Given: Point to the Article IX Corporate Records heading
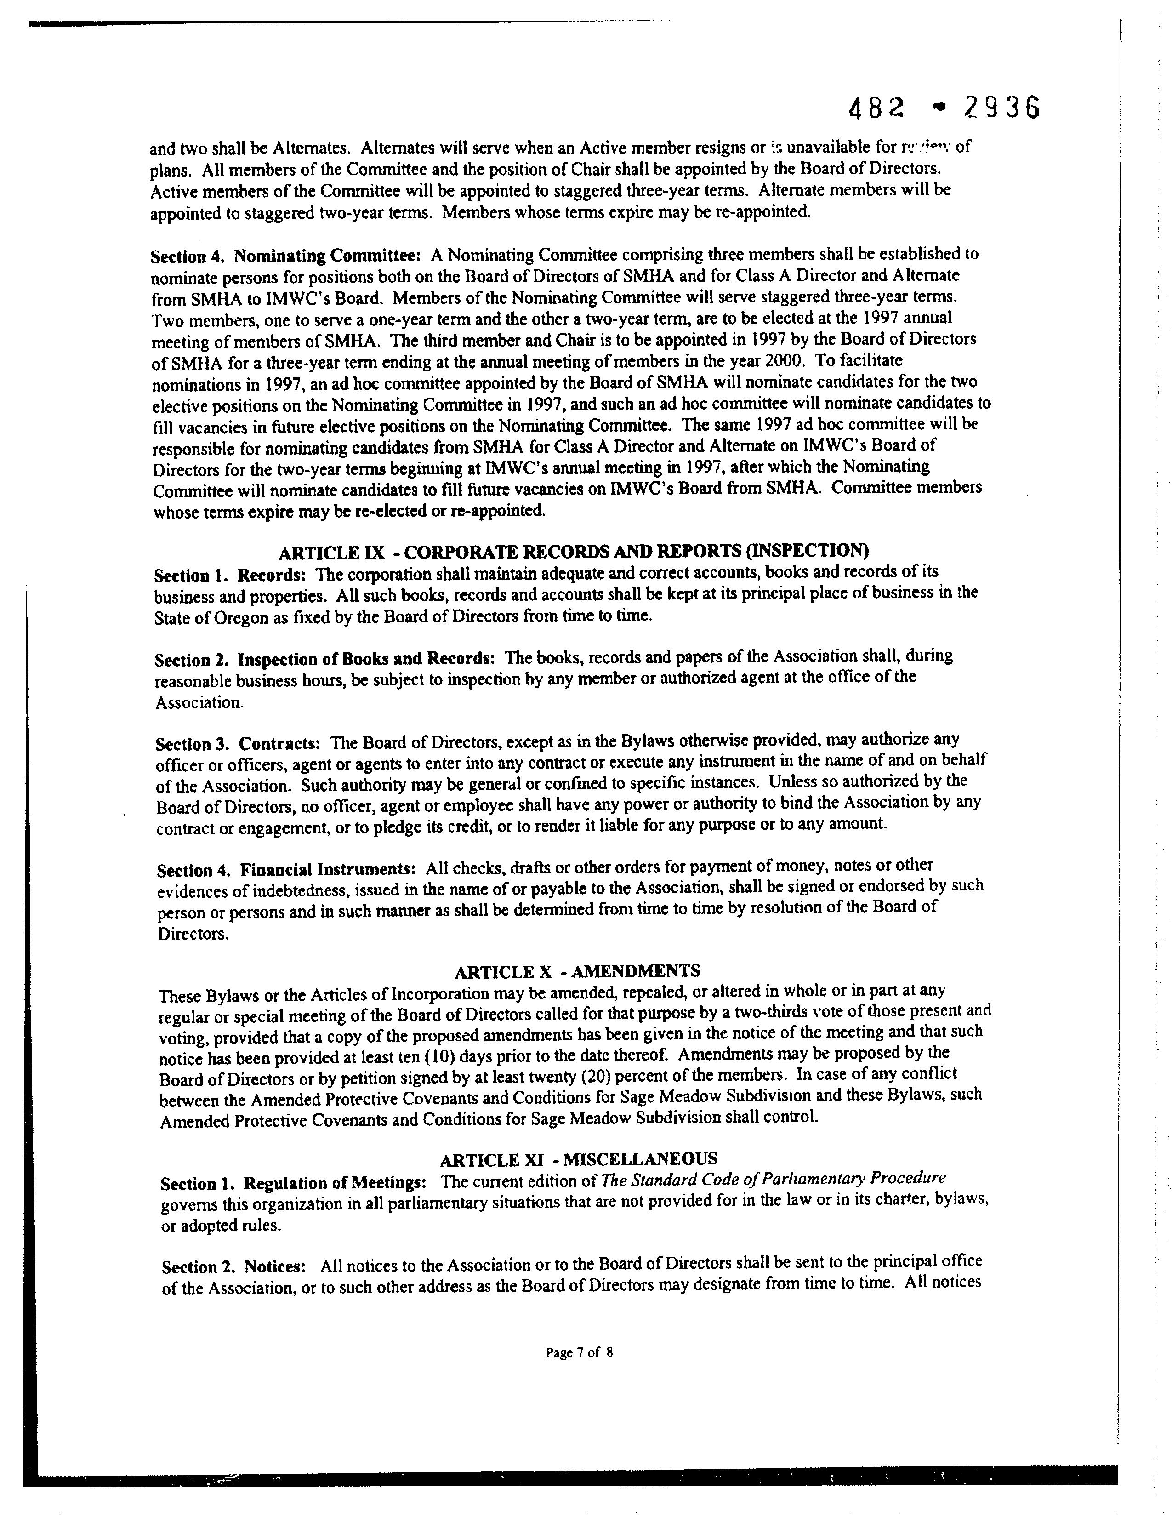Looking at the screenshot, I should point(574,552).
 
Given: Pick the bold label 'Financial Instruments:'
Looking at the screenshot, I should point(328,870).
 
